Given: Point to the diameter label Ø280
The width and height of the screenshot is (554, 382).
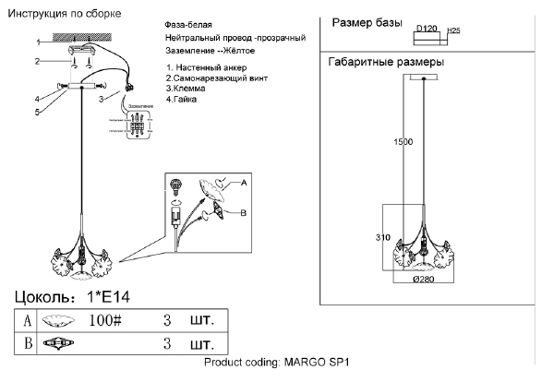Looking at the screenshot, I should click(424, 279).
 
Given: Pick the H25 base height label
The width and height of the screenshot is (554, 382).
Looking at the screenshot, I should click(453, 30).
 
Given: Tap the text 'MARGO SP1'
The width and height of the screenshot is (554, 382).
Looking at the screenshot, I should click(319, 363).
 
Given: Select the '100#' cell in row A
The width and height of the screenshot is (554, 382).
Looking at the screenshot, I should click(105, 321).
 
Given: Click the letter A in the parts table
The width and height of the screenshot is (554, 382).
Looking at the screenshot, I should click(27, 321).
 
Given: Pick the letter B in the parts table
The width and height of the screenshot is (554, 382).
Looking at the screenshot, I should click(27, 344).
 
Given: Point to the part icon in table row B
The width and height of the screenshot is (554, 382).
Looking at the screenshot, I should click(59, 344).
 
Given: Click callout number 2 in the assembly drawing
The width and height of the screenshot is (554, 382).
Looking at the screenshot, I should click(38, 62).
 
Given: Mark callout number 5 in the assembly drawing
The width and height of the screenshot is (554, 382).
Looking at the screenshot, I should click(38, 112).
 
